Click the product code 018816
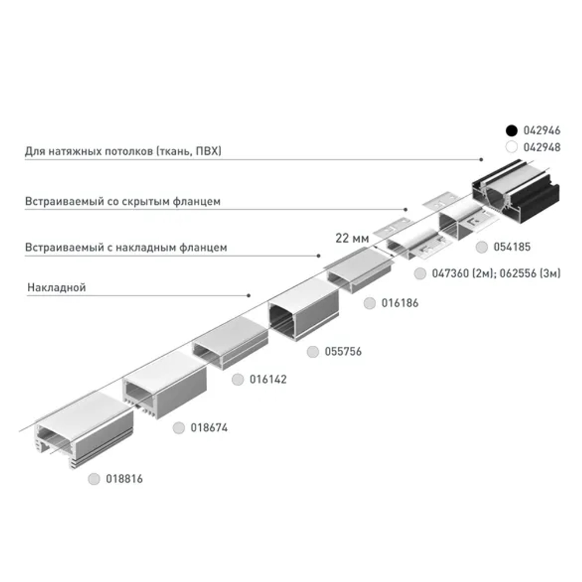point(124,480)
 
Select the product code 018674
point(209,428)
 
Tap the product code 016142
point(268,379)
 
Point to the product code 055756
point(343,352)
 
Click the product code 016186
point(399,303)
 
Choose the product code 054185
point(512,247)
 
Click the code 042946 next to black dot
point(542,130)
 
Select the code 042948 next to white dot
point(542,147)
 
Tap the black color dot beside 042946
point(512,130)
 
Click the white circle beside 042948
point(512,147)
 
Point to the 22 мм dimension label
point(353,238)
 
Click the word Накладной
point(56,288)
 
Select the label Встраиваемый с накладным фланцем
point(126,247)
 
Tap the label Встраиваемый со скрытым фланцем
point(122,202)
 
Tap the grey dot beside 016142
point(237,379)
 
